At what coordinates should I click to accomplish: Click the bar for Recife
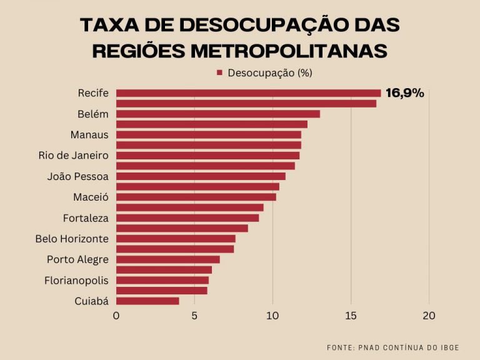248,93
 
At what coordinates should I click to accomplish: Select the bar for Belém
218,114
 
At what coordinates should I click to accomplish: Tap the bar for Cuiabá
147,301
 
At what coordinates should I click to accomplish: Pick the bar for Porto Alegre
168,259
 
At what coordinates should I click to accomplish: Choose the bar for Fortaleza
187,217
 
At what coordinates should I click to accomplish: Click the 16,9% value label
405,93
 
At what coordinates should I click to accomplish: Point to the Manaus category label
89,134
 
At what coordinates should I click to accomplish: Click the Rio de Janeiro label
73,155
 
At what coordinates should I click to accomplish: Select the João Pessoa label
77,176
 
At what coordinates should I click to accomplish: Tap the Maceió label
91,197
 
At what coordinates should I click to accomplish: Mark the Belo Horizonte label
72,239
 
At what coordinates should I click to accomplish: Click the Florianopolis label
76,281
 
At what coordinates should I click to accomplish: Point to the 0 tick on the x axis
116,316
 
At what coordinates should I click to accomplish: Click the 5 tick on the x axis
194,316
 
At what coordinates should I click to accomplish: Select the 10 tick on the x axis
272,316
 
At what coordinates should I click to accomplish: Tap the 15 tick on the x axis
351,316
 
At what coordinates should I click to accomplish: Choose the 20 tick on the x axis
429,316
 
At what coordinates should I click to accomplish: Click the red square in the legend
219,73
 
